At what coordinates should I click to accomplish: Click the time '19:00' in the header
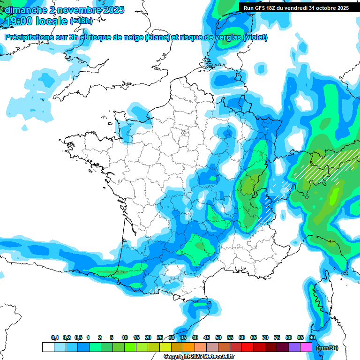click(x=19, y=21)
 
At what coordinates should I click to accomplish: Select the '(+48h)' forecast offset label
click(x=82, y=21)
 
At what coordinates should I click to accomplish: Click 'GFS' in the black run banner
click(x=262, y=8)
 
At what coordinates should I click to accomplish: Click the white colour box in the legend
click(x=48, y=347)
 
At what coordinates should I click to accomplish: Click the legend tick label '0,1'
click(x=54, y=338)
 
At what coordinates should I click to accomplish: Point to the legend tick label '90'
click(x=312, y=338)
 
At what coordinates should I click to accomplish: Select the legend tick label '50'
click(x=218, y=338)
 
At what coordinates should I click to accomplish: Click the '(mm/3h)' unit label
click(x=326, y=348)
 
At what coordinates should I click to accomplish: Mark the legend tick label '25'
click(x=160, y=338)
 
